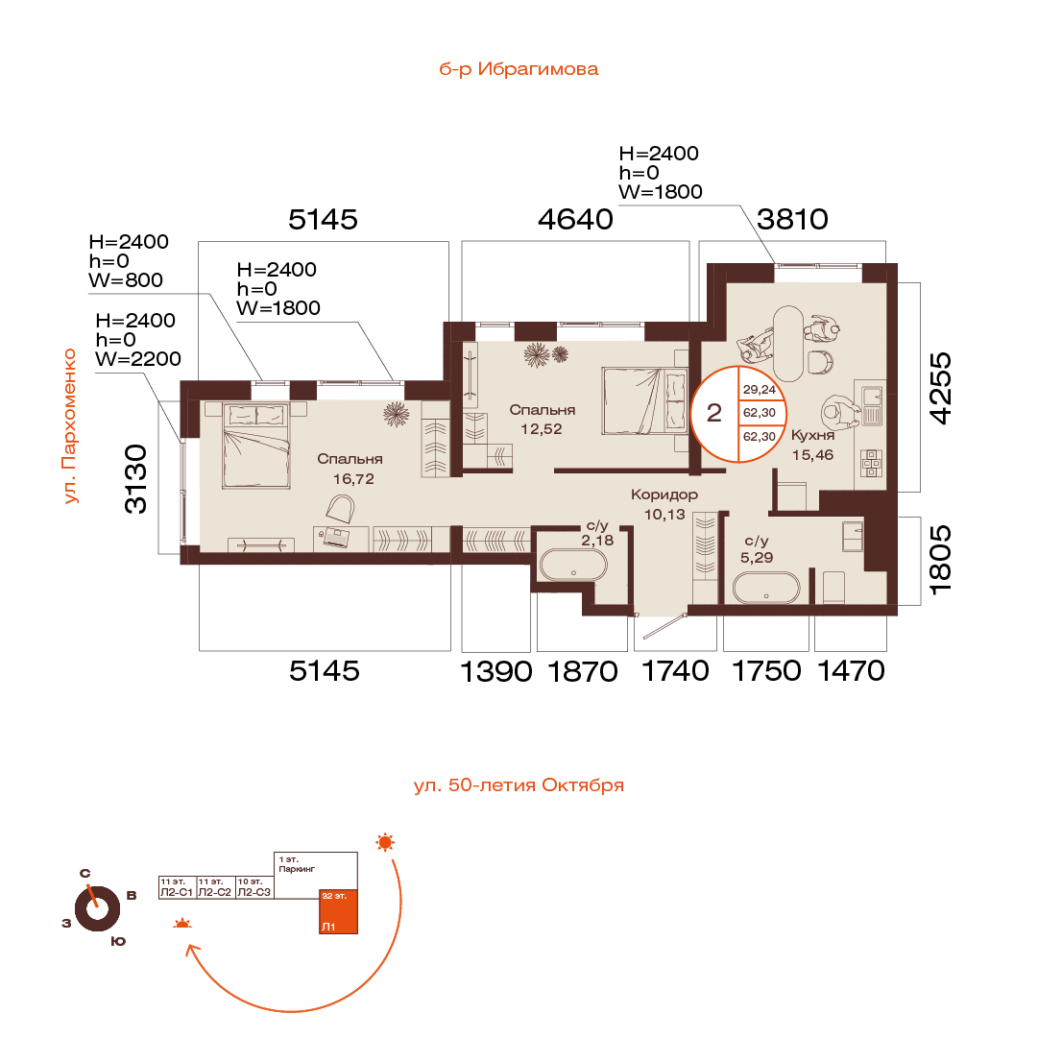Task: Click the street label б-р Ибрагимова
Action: pos(519,69)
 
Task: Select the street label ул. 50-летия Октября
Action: pos(519,785)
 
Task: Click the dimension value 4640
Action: pos(575,220)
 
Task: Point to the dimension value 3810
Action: pos(792,220)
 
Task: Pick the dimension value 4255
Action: pos(945,388)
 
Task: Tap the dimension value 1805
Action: pos(945,561)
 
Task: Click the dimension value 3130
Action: pos(138,479)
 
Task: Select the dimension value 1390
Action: pos(496,671)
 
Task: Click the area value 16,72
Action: pos(350,477)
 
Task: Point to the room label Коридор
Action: pos(664,495)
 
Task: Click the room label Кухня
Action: pos(812,434)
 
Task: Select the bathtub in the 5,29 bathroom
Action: pos(765,588)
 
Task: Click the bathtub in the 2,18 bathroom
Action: pos(572,566)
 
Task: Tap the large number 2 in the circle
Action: pos(714,414)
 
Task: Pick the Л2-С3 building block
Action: pos(254,886)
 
